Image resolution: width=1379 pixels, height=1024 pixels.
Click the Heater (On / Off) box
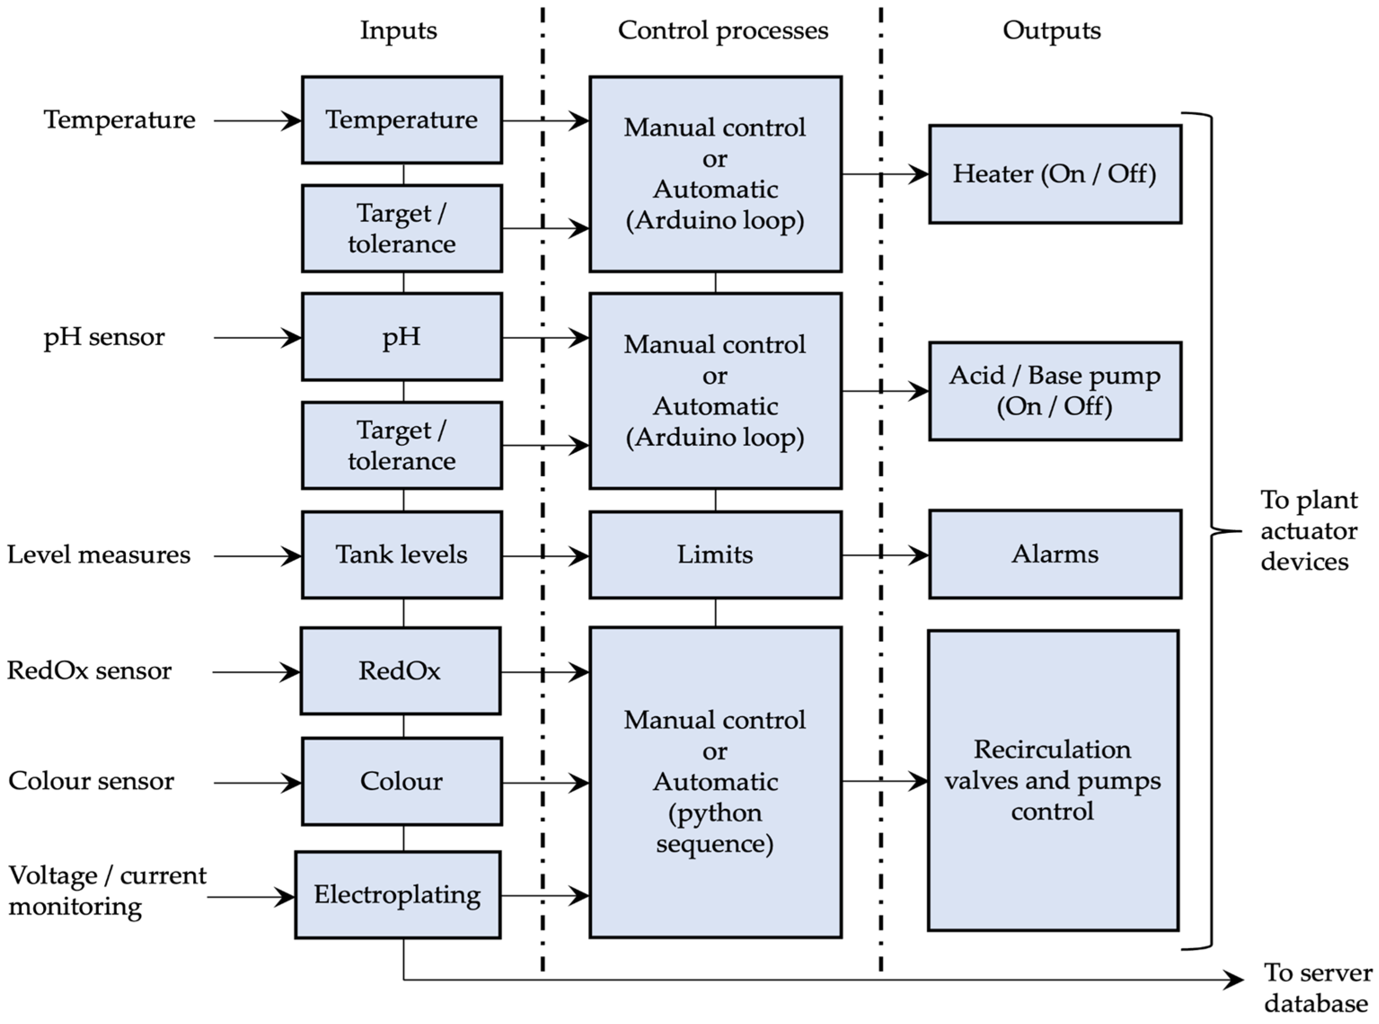[1054, 174]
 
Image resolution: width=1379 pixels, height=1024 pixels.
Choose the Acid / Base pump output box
[1054, 391]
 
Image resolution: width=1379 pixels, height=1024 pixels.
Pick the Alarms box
[1054, 554]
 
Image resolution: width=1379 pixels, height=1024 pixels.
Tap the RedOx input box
[400, 671]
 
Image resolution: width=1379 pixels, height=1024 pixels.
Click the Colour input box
[401, 781]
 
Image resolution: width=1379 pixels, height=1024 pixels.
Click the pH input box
[401, 337]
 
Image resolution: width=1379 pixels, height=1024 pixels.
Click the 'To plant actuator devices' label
[1309, 531]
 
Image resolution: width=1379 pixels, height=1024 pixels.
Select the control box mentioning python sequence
[715, 782]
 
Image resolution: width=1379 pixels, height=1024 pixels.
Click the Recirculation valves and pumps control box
[1053, 780]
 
